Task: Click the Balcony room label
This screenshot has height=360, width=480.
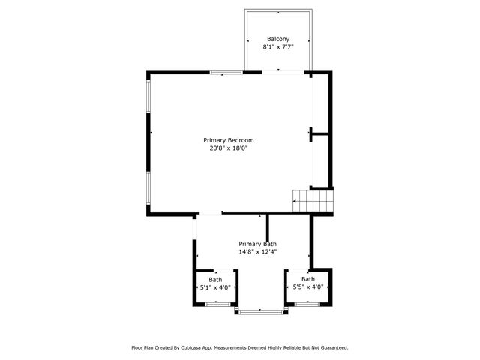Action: pyautogui.click(x=277, y=39)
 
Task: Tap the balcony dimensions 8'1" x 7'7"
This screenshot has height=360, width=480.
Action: pyautogui.click(x=277, y=47)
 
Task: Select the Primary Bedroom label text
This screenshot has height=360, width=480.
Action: pyautogui.click(x=229, y=140)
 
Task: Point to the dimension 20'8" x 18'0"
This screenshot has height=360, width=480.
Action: pyautogui.click(x=229, y=148)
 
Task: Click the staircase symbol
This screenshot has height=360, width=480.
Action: pyautogui.click(x=312, y=199)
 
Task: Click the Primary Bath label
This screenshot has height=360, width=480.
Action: pyautogui.click(x=258, y=244)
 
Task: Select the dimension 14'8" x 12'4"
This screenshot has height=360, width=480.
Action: pyautogui.click(x=258, y=252)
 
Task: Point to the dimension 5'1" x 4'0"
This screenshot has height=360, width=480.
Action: pyautogui.click(x=215, y=286)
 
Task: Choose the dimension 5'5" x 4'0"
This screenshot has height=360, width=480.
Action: pyautogui.click(x=307, y=286)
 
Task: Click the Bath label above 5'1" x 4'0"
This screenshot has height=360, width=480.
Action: pyautogui.click(x=215, y=279)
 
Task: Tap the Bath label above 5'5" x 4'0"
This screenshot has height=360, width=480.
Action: pyautogui.click(x=307, y=279)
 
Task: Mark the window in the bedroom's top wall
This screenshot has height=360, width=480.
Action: pyautogui.click(x=226, y=72)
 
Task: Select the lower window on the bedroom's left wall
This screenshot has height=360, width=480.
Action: pyautogui.click(x=148, y=189)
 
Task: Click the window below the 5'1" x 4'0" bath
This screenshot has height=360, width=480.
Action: pyautogui.click(x=217, y=304)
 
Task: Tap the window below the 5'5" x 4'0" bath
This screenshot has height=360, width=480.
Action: pyautogui.click(x=306, y=304)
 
